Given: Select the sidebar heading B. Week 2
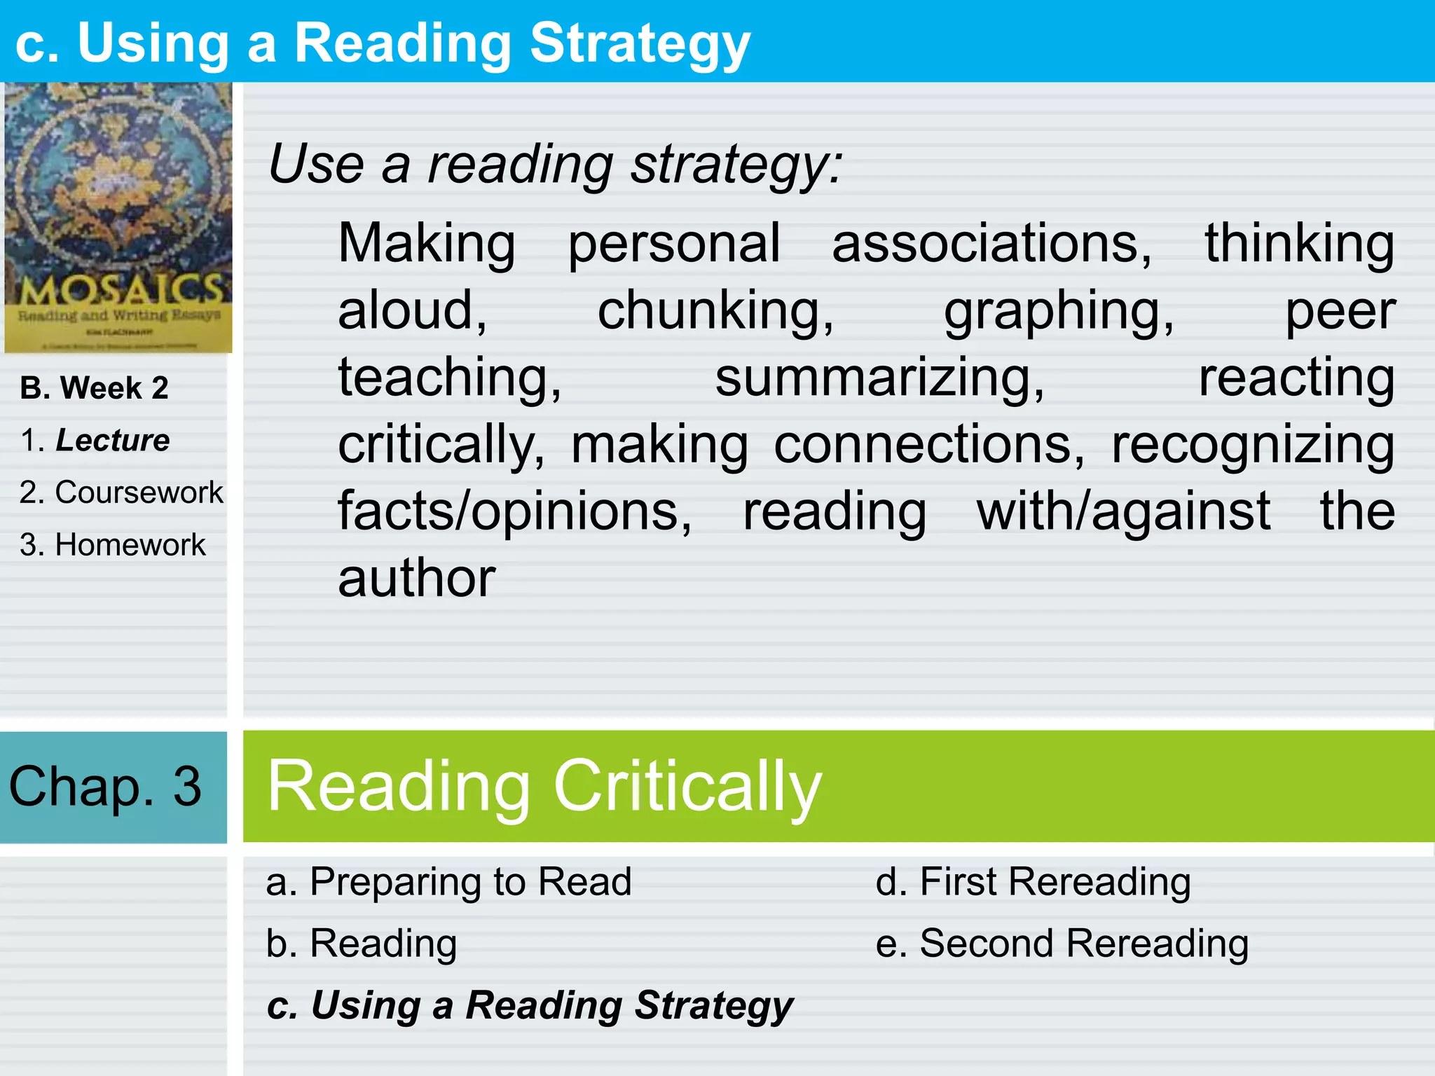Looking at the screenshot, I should tap(94, 388).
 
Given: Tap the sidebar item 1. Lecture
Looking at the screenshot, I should tap(95, 441).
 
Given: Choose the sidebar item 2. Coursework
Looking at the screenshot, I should tap(121, 492).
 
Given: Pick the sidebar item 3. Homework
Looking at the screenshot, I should tap(112, 545).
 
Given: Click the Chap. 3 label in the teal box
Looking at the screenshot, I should tap(105, 786).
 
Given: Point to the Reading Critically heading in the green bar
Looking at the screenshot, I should tap(544, 786).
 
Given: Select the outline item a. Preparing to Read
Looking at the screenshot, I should tap(448, 881).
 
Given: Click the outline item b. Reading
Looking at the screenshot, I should tap(362, 943).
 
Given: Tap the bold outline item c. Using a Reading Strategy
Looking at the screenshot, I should tap(530, 1005).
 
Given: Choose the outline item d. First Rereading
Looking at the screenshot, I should tap(1033, 881).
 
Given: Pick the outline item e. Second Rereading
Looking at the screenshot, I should tap(1062, 943).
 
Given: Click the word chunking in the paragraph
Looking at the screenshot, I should tap(715, 310).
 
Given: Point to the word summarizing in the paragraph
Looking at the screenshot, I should tap(879, 378).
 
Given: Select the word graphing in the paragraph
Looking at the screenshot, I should tap(1058, 310).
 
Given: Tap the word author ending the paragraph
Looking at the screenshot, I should tap(417, 579).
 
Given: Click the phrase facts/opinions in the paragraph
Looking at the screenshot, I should tap(515, 511).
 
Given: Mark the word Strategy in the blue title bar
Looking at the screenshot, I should tap(640, 43).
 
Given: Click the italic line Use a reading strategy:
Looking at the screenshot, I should tap(555, 165).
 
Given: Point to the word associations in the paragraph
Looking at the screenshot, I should tap(991, 243).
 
